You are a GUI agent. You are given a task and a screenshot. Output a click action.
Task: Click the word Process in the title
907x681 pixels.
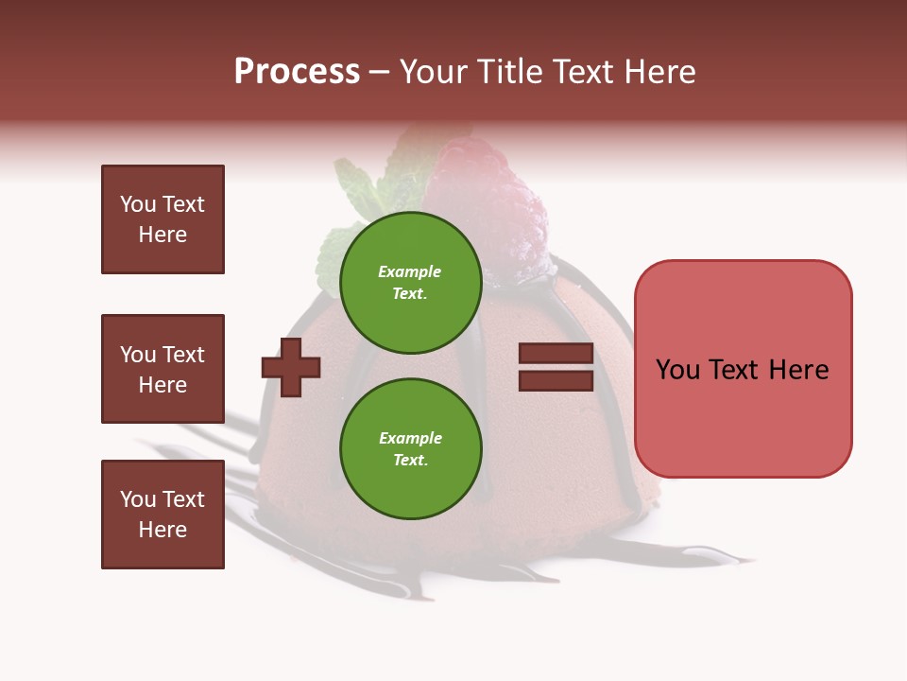297,72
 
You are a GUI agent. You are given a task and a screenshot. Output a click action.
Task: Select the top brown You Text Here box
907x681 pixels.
163,219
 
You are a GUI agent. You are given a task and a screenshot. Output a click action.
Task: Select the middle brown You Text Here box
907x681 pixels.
163,369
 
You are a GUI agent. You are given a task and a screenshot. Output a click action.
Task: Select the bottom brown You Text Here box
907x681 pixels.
163,515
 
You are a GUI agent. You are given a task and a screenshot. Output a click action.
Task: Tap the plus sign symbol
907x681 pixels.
291,367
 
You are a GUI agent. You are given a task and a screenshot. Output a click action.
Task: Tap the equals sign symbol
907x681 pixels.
556,367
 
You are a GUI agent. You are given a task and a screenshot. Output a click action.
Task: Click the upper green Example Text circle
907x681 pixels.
410,282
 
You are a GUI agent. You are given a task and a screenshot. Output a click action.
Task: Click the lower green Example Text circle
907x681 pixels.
410,448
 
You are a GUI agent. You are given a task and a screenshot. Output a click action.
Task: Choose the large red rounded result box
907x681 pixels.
743,369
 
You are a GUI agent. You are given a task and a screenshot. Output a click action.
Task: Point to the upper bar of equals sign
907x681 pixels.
556,354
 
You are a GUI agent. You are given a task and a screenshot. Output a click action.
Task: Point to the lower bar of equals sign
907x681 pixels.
556,380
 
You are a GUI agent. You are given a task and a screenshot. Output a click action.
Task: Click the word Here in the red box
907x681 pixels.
798,370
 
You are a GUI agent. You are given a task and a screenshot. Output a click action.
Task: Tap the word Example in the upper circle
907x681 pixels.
410,271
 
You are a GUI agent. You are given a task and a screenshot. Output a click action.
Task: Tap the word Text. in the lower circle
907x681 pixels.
410,460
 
